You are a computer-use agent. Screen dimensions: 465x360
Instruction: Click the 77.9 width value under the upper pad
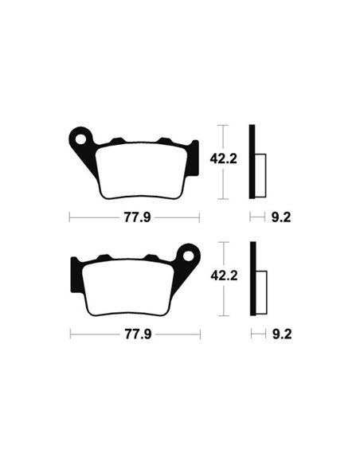134,216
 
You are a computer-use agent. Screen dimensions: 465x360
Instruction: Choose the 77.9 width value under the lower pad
134,334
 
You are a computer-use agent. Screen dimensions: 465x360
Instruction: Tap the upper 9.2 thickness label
280,216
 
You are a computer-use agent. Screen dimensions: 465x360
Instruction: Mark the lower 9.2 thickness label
280,334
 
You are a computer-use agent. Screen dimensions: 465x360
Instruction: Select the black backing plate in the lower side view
252,279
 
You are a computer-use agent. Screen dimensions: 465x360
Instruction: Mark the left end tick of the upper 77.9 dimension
69,216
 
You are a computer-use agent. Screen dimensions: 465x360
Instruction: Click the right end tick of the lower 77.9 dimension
200,334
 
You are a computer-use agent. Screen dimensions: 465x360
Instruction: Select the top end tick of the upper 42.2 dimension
225,125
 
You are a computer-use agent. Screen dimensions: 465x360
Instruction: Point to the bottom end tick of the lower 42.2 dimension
225,316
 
